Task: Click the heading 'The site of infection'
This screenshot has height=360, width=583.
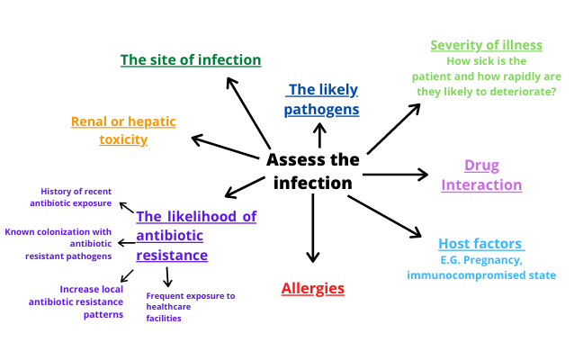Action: point(191,60)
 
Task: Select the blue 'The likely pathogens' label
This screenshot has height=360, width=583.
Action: point(322,100)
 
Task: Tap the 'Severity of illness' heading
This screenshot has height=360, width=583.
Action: point(486,45)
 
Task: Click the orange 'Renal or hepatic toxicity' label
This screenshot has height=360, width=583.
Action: point(123,130)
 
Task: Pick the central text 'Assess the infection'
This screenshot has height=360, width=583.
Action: point(312,171)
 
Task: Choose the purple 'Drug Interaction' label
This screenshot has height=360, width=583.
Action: point(481,175)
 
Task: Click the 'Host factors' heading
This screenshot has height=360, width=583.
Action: point(480,244)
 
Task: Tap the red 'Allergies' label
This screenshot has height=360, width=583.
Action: point(313,289)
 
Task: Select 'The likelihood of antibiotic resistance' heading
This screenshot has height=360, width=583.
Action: point(196,236)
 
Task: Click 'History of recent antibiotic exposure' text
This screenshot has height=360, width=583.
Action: point(76,197)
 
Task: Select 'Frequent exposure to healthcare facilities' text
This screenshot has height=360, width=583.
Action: point(190,307)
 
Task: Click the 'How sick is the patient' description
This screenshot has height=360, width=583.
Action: point(486,76)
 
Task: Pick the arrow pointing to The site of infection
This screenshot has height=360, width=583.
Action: point(248,112)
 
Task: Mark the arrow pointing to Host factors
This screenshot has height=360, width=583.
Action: point(384,216)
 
